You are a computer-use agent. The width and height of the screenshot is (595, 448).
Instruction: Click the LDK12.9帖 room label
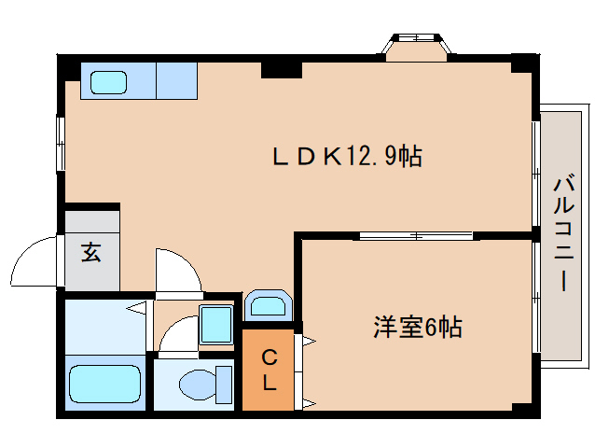pos(347,156)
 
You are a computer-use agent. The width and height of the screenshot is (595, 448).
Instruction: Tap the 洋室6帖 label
pos(418,328)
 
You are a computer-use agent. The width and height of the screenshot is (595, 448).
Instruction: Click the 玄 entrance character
pos(91,252)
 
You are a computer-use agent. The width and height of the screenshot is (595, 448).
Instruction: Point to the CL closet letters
pos(269,369)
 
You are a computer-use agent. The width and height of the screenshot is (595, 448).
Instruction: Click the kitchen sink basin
pos(108,81)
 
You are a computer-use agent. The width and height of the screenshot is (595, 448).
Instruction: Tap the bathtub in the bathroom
pos(104,384)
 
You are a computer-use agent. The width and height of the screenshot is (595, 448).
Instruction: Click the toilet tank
pos(224,384)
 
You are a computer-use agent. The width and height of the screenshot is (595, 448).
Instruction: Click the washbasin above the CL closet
pos(269,305)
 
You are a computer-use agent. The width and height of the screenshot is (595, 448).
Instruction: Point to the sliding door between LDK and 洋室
pos(417,235)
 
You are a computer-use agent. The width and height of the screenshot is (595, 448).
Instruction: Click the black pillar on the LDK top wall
pos(281,67)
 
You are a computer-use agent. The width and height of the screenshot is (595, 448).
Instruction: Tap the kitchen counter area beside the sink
pos(176,79)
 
